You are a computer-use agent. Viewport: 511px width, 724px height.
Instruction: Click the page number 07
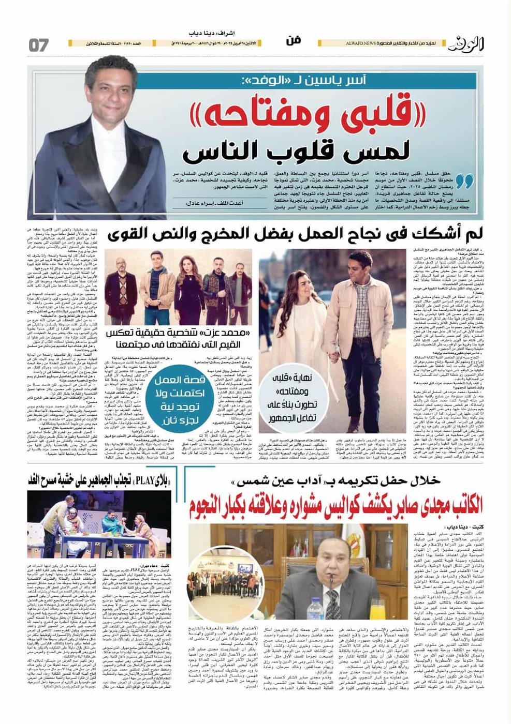coord(39,45)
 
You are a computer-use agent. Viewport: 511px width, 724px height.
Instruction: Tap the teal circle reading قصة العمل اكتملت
coord(179,393)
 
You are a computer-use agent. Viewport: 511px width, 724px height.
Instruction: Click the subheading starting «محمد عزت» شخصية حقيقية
coord(179,337)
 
